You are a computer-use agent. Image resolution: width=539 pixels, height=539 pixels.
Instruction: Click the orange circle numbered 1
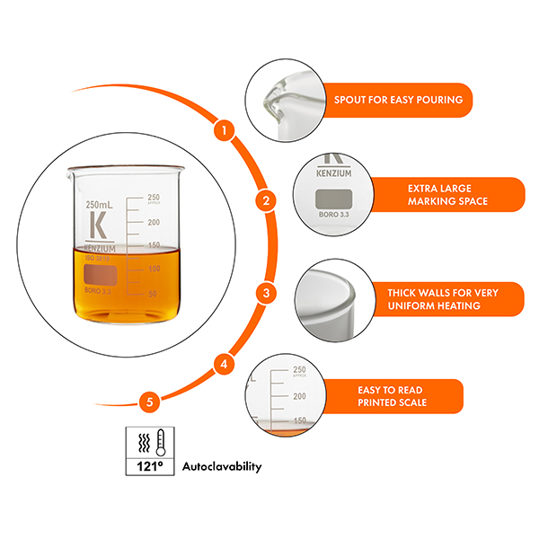coord(225,129)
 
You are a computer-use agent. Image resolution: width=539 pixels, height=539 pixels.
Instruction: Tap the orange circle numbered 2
coord(265,201)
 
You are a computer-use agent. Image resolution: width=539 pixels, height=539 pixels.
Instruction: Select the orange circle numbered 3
coord(265,293)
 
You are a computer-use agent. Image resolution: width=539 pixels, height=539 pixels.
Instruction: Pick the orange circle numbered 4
coord(225,365)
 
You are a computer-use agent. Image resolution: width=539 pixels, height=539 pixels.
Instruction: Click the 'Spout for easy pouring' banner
coord(398,99)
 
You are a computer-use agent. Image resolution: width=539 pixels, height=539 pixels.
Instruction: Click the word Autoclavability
coord(222,467)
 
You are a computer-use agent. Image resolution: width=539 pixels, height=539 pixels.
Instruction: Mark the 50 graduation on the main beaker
coord(152,294)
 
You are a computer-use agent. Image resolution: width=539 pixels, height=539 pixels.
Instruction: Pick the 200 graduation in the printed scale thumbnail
coord(299,395)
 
